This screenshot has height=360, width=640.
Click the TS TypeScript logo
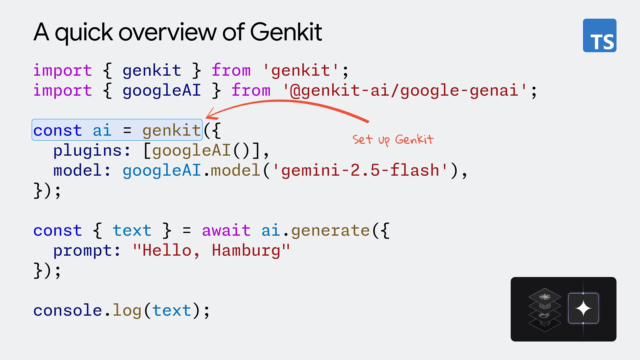(599, 35)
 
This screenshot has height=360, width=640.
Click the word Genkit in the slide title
(286, 32)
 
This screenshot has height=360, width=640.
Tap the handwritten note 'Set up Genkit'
(393, 140)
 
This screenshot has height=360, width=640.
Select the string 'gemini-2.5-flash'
(360, 170)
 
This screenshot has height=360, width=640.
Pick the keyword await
(226, 230)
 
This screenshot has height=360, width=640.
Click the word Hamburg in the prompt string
(246, 250)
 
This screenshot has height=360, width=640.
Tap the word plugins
(88, 150)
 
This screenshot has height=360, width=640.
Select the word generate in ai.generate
(330, 230)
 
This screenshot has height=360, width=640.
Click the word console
(68, 310)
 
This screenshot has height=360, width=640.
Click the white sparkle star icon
(583, 308)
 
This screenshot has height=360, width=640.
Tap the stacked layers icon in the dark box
(545, 309)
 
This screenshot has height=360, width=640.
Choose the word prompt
(83, 250)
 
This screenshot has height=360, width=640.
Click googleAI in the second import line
(162, 90)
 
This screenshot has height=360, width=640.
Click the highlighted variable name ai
(102, 130)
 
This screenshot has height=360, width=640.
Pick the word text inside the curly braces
(132, 230)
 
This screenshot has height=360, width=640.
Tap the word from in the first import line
(231, 70)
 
